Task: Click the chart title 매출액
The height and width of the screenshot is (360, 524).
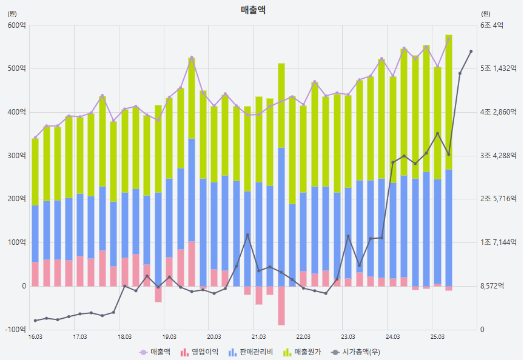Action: pyautogui.click(x=252, y=10)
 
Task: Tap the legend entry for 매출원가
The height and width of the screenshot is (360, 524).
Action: pyautogui.click(x=311, y=352)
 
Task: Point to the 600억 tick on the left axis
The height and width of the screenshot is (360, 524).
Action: pyautogui.click(x=16, y=25)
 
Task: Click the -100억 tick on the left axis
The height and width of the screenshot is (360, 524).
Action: pyautogui.click(x=15, y=330)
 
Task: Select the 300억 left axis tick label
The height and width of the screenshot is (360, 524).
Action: pyautogui.click(x=16, y=156)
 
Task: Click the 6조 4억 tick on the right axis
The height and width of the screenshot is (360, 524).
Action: pyautogui.click(x=492, y=25)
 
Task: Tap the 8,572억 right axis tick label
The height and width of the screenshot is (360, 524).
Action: pyautogui.click(x=492, y=286)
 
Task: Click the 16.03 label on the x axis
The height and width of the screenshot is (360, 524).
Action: pyautogui.click(x=35, y=337)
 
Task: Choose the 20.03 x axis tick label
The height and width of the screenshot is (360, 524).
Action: pyautogui.click(x=213, y=337)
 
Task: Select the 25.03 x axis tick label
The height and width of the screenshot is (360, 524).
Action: pyautogui.click(x=437, y=337)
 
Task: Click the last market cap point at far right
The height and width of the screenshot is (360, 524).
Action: pyautogui.click(x=471, y=52)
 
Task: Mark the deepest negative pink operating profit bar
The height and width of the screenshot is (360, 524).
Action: pyautogui.click(x=281, y=305)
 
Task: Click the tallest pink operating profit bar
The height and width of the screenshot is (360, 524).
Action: pyautogui.click(x=192, y=264)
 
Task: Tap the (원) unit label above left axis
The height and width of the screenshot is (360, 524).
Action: pyautogui.click(x=12, y=13)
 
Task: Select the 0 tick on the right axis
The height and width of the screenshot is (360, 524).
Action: pyautogui.click(x=482, y=330)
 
